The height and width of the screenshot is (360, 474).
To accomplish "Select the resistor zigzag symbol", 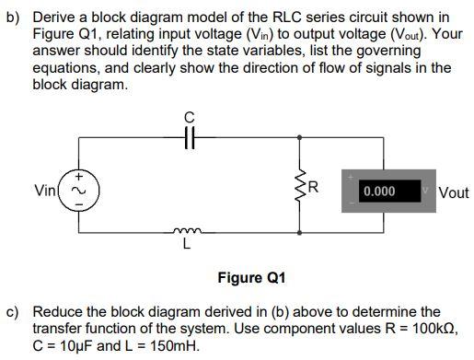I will [x=298, y=191].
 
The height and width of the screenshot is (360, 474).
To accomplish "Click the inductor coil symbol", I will [x=187, y=234].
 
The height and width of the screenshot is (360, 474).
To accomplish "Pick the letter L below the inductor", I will [x=187, y=247].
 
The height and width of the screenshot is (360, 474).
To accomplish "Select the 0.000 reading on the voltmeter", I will [x=379, y=192].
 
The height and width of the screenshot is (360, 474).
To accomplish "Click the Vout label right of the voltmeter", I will [x=454, y=192].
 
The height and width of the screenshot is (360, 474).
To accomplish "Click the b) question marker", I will [x=13, y=17].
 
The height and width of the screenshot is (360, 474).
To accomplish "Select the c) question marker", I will [x=13, y=312].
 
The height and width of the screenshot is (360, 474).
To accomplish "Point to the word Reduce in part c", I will [x=57, y=312].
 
